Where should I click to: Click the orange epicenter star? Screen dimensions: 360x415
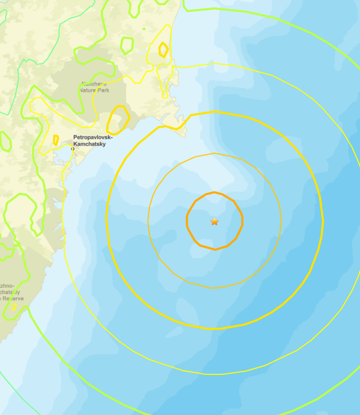214,221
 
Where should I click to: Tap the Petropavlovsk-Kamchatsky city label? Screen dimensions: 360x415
89,140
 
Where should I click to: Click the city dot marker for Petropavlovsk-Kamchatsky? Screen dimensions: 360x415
73,148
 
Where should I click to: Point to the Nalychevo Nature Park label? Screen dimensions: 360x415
93,87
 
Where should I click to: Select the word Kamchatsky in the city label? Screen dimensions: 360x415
89,144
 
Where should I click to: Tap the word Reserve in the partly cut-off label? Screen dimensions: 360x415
13,298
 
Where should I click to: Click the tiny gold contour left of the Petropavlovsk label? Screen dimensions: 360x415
56,140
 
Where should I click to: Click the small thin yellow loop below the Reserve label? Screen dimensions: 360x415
14,306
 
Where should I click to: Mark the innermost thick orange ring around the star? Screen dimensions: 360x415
215,193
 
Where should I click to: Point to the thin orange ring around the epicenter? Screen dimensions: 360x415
214,154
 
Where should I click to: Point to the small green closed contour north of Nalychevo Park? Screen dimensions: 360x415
127,45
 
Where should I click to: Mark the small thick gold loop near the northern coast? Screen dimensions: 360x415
164,50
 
